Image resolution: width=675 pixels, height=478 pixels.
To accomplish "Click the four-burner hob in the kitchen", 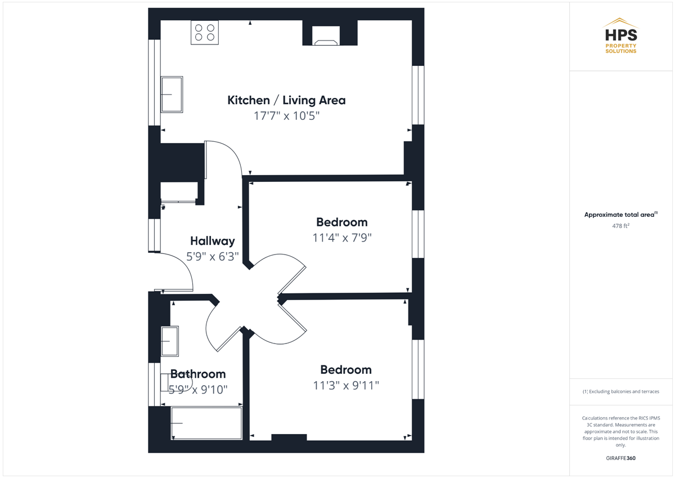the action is point(205,33).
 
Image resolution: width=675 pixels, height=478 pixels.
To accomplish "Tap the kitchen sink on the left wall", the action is point(172,95).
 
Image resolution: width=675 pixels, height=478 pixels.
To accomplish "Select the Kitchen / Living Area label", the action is point(286,100).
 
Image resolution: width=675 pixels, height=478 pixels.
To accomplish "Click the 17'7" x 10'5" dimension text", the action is point(286,116).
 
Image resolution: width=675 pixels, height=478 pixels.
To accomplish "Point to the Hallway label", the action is point(213,241).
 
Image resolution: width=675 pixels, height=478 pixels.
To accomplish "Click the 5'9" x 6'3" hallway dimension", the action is point(213,257).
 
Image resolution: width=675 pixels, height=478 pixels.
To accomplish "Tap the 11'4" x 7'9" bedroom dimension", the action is point(342,238).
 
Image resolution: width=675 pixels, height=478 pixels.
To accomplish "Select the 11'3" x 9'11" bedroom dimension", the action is point(346,386).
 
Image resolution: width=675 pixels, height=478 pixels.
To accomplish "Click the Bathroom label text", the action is point(198,374).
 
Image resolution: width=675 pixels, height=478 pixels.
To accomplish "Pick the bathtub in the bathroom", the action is point(206,423).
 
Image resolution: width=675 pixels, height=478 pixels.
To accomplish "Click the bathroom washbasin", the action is point(170,341).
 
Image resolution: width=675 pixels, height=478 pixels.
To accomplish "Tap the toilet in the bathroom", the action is point(173,382).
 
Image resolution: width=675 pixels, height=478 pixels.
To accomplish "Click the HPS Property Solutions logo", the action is point(621,36).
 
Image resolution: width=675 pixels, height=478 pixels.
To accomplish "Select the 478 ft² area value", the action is point(621,226).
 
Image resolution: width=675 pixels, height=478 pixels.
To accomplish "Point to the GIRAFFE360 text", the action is point(621,458).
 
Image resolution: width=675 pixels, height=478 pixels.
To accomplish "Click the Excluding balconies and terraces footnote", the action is point(621,391).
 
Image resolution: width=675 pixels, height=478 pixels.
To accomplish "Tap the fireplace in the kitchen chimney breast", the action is point(326,36).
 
